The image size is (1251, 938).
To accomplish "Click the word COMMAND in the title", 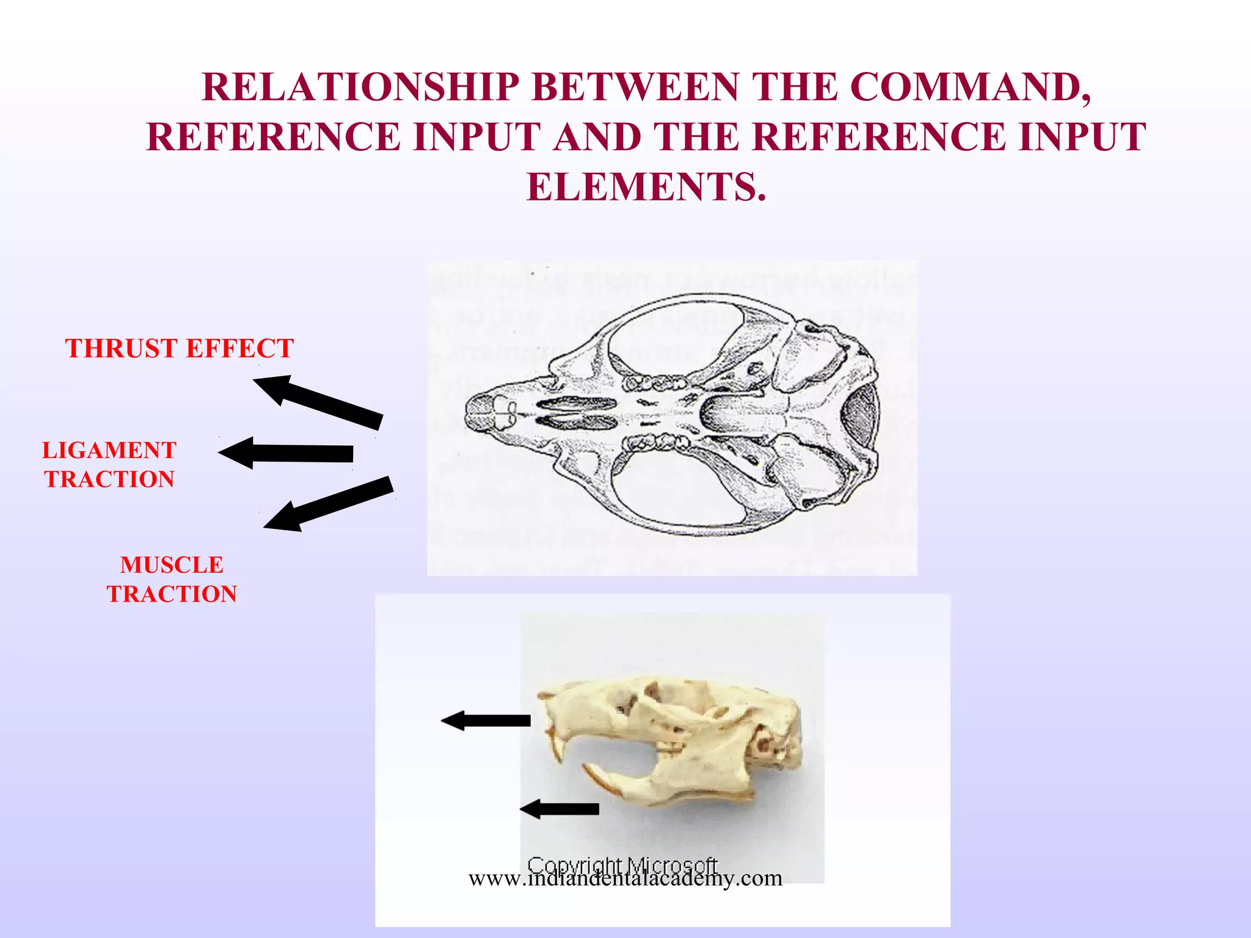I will pyautogui.click(x=970, y=87).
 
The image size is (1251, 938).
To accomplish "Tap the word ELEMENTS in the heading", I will pyautogui.click(x=646, y=187).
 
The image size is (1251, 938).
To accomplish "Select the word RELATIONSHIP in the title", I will pyautogui.click(x=360, y=87).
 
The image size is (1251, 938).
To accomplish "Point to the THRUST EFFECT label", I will pyautogui.click(x=180, y=349).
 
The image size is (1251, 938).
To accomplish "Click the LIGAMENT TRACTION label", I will pyautogui.click(x=109, y=465).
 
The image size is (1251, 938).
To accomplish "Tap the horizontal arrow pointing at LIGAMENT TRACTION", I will pyautogui.click(x=286, y=453).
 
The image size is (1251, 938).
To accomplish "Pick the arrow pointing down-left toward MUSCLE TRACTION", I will pyautogui.click(x=329, y=503).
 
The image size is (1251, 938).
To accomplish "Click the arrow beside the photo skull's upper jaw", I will pyautogui.click(x=486, y=721).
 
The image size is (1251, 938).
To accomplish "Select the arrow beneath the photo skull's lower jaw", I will pyautogui.click(x=560, y=809).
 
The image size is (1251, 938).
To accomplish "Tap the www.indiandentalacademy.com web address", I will pyautogui.click(x=625, y=878).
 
